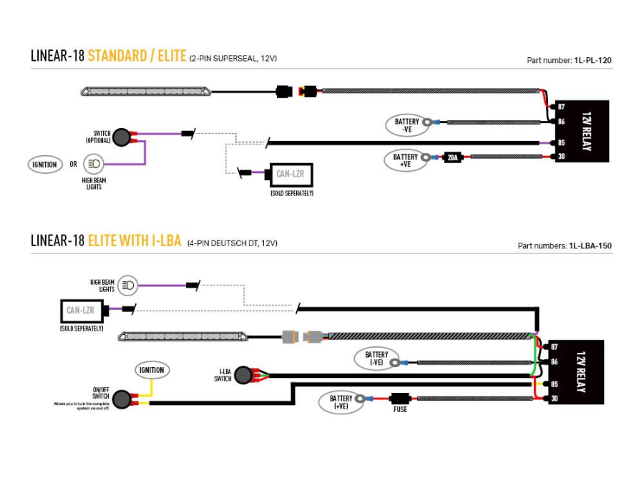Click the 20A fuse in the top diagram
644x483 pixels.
click(452, 157)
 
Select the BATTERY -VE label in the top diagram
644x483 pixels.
click(406, 125)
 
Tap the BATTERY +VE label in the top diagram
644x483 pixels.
click(405, 160)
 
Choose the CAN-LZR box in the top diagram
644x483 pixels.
click(290, 174)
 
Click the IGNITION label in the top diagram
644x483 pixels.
click(44, 165)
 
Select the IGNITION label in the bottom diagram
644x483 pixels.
click(152, 370)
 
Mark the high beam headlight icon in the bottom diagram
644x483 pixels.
click(128, 286)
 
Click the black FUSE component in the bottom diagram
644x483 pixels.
click(399, 398)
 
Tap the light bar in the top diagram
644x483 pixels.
click(147, 92)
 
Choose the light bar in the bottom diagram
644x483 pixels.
click(184, 336)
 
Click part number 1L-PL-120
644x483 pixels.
click(592, 61)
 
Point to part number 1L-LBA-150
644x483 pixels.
click(590, 245)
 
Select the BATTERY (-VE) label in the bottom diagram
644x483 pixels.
click(376, 358)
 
